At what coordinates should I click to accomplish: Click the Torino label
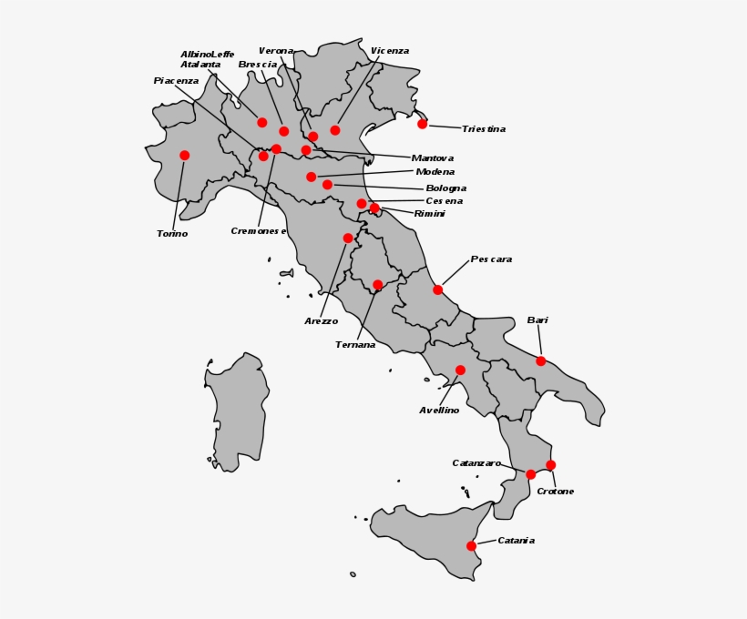click(172, 234)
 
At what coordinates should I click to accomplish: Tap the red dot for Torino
click(185, 156)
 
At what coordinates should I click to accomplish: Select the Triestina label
click(483, 129)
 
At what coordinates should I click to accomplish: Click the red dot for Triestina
click(423, 124)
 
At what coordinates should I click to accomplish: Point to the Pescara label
click(491, 259)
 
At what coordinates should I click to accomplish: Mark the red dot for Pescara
click(438, 290)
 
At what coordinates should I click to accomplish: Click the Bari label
click(537, 320)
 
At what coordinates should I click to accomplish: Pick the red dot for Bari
click(541, 361)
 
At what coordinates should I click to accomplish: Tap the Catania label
click(516, 541)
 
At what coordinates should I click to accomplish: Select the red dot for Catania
click(472, 546)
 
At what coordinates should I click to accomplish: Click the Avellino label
click(439, 411)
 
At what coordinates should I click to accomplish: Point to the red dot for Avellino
click(461, 370)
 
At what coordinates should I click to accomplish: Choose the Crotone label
click(555, 492)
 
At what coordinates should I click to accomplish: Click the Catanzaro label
click(476, 463)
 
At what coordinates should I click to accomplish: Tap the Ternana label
click(355, 345)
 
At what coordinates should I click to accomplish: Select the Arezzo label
click(321, 321)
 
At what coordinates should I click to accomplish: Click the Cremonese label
click(259, 231)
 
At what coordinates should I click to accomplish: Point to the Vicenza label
click(390, 51)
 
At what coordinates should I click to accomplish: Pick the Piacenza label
click(176, 81)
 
